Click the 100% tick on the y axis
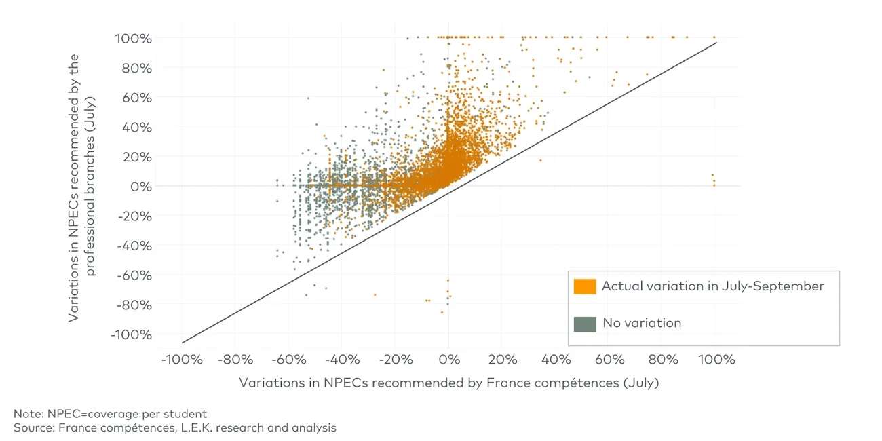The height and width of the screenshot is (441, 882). tap(132, 38)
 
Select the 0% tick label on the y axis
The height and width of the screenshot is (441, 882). tap(140, 187)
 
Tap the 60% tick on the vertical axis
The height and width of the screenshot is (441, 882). tap(136, 98)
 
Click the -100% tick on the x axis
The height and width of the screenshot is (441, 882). tap(182, 359)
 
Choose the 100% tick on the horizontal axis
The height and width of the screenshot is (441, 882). tap(714, 359)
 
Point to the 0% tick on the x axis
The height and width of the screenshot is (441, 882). tap(448, 359)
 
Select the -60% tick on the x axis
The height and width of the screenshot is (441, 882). tap(288, 359)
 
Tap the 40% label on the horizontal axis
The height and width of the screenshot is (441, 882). tap(555, 359)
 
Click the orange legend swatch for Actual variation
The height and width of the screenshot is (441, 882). tap(584, 286)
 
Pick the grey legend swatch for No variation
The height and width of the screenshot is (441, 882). tap(584, 324)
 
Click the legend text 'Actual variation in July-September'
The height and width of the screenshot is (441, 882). tap(712, 286)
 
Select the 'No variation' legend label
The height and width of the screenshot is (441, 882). tap(642, 324)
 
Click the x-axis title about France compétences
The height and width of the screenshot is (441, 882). tap(448, 383)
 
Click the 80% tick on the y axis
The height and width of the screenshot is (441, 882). tap(136, 68)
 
